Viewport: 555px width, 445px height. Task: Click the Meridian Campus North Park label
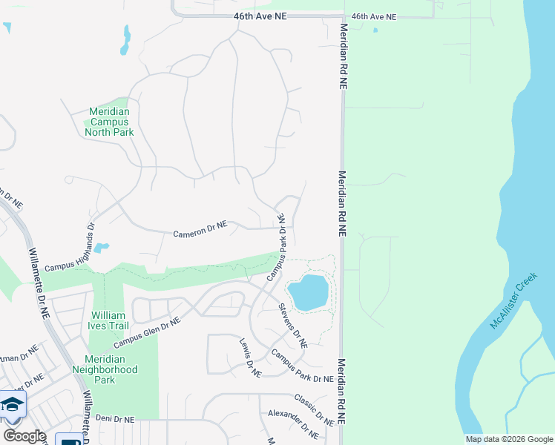(x=109, y=122)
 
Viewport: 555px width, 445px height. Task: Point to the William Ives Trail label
(x=108, y=320)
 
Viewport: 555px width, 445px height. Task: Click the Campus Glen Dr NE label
(x=147, y=334)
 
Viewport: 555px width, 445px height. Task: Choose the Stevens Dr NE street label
(x=293, y=326)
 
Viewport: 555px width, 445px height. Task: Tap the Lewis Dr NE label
(x=250, y=358)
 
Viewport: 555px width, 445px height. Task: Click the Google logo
(x=24, y=436)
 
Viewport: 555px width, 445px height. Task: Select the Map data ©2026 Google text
(x=510, y=439)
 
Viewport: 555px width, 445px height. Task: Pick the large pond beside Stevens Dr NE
(x=307, y=292)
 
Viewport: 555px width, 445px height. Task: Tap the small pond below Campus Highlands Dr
(x=102, y=248)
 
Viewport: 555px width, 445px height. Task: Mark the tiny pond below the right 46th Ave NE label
(x=375, y=30)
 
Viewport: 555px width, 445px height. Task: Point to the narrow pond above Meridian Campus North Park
(x=125, y=41)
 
